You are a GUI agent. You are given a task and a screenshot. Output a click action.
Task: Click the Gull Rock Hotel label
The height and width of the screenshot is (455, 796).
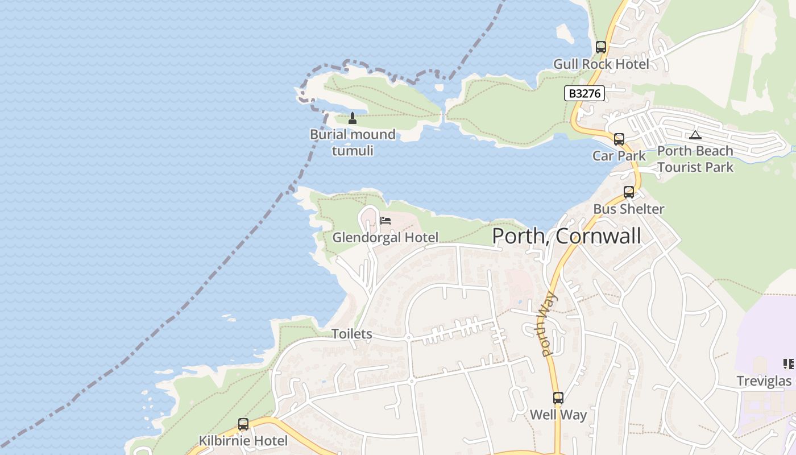pyautogui.click(x=601, y=64)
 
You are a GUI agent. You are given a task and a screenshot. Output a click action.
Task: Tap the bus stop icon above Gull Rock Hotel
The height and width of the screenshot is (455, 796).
pyautogui.click(x=601, y=47)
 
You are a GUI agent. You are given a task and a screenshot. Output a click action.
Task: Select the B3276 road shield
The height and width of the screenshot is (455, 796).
pyautogui.click(x=584, y=93)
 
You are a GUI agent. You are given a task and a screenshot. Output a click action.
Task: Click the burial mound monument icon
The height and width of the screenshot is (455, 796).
pyautogui.click(x=353, y=118)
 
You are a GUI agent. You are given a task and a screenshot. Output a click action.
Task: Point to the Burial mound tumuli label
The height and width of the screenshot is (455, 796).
pyautogui.click(x=353, y=142)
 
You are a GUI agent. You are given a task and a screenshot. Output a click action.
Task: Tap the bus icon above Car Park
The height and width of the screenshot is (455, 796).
pyautogui.click(x=619, y=139)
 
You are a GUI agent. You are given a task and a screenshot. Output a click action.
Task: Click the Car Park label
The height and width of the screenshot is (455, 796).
pyautogui.click(x=619, y=156)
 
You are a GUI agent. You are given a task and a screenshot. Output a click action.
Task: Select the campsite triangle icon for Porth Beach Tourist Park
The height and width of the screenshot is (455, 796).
pyautogui.click(x=695, y=135)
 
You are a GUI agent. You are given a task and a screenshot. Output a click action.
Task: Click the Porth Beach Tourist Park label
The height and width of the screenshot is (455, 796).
pyautogui.click(x=695, y=159)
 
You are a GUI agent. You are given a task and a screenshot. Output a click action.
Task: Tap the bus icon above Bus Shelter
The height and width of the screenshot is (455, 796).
pyautogui.click(x=628, y=193)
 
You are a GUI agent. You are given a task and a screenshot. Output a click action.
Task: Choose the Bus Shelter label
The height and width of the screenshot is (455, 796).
pyautogui.click(x=628, y=209)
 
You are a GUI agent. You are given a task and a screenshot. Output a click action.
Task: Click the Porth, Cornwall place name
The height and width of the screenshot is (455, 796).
pyautogui.click(x=566, y=235)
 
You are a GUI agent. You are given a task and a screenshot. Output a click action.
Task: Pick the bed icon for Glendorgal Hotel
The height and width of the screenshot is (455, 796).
pyautogui.click(x=385, y=221)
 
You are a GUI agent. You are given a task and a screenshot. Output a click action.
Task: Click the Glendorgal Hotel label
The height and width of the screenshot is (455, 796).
pyautogui.click(x=385, y=237)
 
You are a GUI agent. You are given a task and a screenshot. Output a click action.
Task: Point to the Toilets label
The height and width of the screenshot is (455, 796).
pyautogui.click(x=352, y=334)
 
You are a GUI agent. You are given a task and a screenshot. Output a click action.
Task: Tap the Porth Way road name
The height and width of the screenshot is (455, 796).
pyautogui.click(x=549, y=324)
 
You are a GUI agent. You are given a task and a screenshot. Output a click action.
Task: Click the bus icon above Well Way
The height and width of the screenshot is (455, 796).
pyautogui.click(x=558, y=398)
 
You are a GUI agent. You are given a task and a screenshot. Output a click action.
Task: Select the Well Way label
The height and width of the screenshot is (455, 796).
pyautogui.click(x=558, y=415)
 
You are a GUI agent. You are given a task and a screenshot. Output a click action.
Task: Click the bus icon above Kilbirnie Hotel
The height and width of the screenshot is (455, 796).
pyautogui.click(x=243, y=424)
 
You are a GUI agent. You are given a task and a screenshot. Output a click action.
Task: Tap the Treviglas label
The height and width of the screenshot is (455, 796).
pyautogui.click(x=764, y=380)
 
